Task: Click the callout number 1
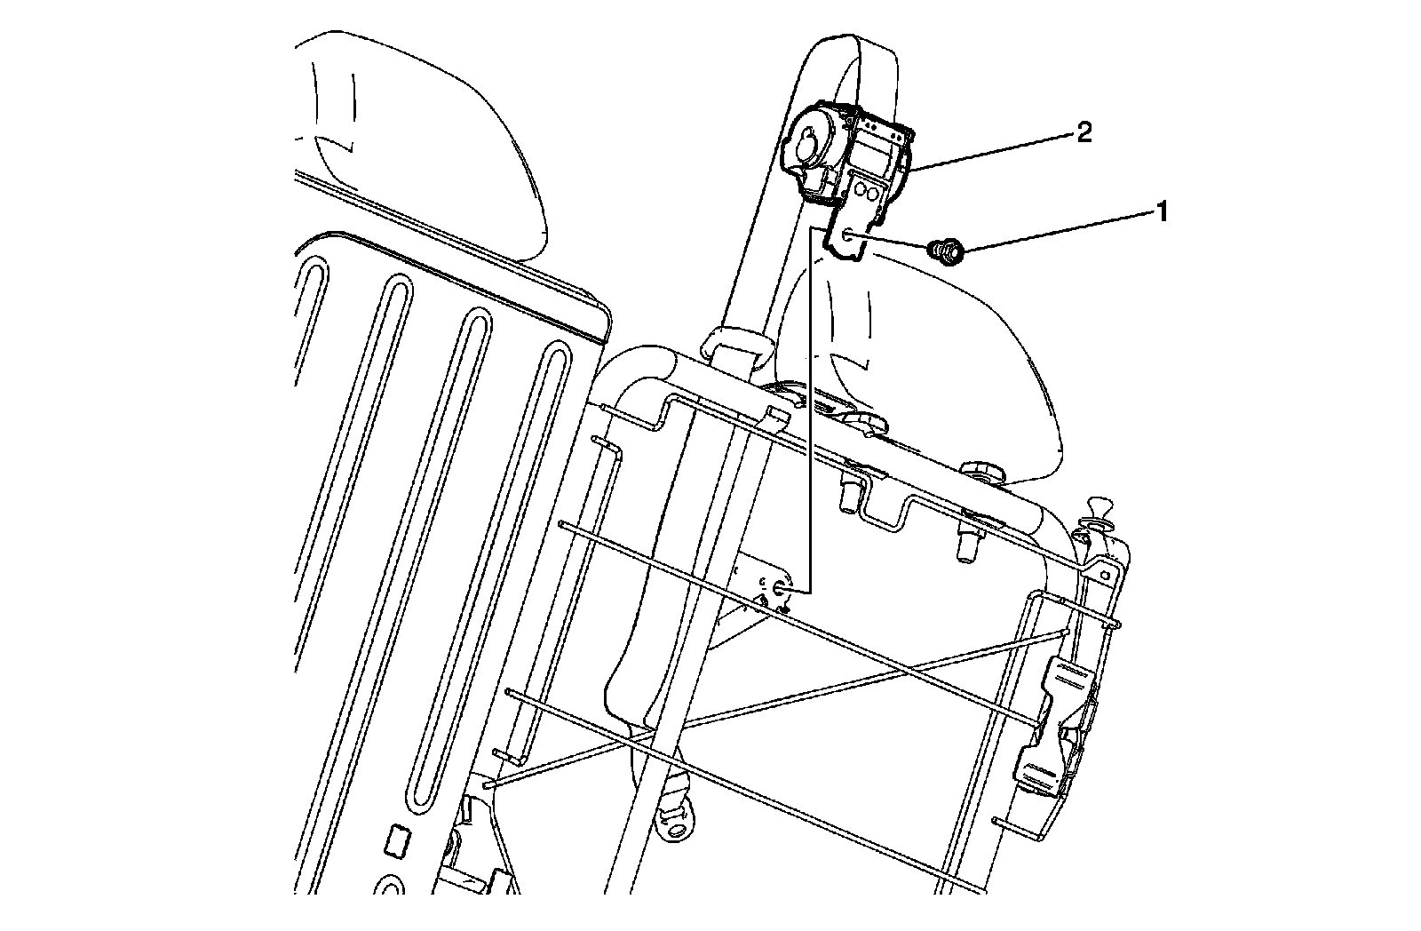click(x=1162, y=212)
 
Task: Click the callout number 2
click(x=1084, y=132)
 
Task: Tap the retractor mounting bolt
click(x=946, y=252)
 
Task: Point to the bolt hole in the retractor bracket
click(x=847, y=237)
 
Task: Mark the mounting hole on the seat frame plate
click(x=779, y=590)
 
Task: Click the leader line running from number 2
click(x=993, y=152)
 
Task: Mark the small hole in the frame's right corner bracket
click(x=1105, y=575)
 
